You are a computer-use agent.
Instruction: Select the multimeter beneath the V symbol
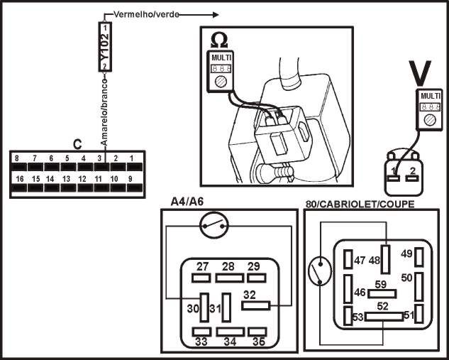pyautogui.click(x=430, y=109)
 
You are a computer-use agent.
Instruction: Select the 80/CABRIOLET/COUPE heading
pyautogui.click(x=360, y=204)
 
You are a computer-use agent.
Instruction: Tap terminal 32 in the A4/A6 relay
pyautogui.click(x=257, y=305)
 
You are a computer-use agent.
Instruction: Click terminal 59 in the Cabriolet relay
pyautogui.click(x=382, y=293)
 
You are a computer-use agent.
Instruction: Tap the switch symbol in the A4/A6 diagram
pyautogui.click(x=214, y=227)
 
